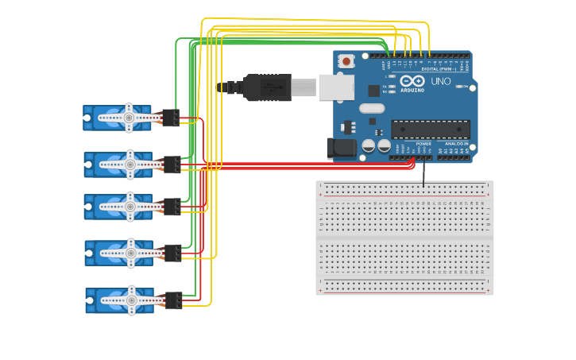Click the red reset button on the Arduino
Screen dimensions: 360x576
pos(346,60)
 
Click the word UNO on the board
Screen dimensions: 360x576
pos(439,81)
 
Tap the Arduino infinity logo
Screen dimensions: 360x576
pos(412,81)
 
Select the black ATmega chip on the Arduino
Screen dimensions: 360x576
pos(430,129)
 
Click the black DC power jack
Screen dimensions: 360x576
pos(339,147)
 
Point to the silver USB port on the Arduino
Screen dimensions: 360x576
pos(336,87)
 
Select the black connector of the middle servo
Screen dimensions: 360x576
pos(172,207)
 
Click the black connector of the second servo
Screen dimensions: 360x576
pos(172,165)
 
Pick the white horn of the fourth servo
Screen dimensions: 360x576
pos(129,254)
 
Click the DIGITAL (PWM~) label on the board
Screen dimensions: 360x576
pos(438,69)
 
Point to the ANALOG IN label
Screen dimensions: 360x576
pos(455,143)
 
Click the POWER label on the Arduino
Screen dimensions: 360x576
pos(423,143)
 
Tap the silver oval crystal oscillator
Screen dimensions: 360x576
pos(371,108)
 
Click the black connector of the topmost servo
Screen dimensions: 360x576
pos(170,118)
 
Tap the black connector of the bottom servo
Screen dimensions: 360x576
pos(173,300)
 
